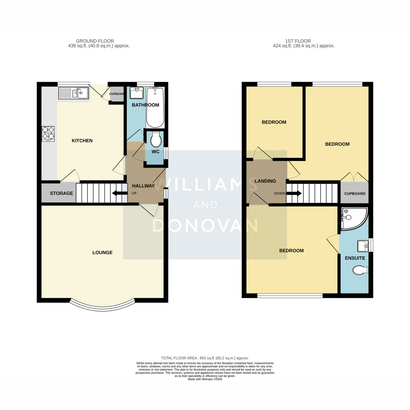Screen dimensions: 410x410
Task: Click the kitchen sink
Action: [x=73, y=93]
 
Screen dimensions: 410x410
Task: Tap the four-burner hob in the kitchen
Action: [x=48, y=134]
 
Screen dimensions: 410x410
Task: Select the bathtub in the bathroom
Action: [x=155, y=108]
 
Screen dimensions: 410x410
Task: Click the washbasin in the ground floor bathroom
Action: [x=136, y=93]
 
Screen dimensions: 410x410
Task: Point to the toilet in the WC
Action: [x=156, y=139]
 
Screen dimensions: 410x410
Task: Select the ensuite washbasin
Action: [x=363, y=246]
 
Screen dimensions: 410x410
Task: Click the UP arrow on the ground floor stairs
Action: [x=120, y=193]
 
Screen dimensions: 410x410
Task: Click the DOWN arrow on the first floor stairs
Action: [x=293, y=193]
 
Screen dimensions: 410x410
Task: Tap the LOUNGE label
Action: [x=102, y=252]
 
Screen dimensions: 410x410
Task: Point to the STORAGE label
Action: [x=61, y=193]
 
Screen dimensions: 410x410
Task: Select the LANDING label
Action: [x=265, y=181]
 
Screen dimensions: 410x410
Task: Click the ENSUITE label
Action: [x=355, y=258]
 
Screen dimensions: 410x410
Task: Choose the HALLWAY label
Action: [x=143, y=186]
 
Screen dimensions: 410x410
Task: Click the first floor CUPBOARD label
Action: [x=355, y=194]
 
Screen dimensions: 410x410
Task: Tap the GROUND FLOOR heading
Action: [x=95, y=41]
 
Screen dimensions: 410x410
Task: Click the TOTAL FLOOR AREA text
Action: [x=205, y=358]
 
